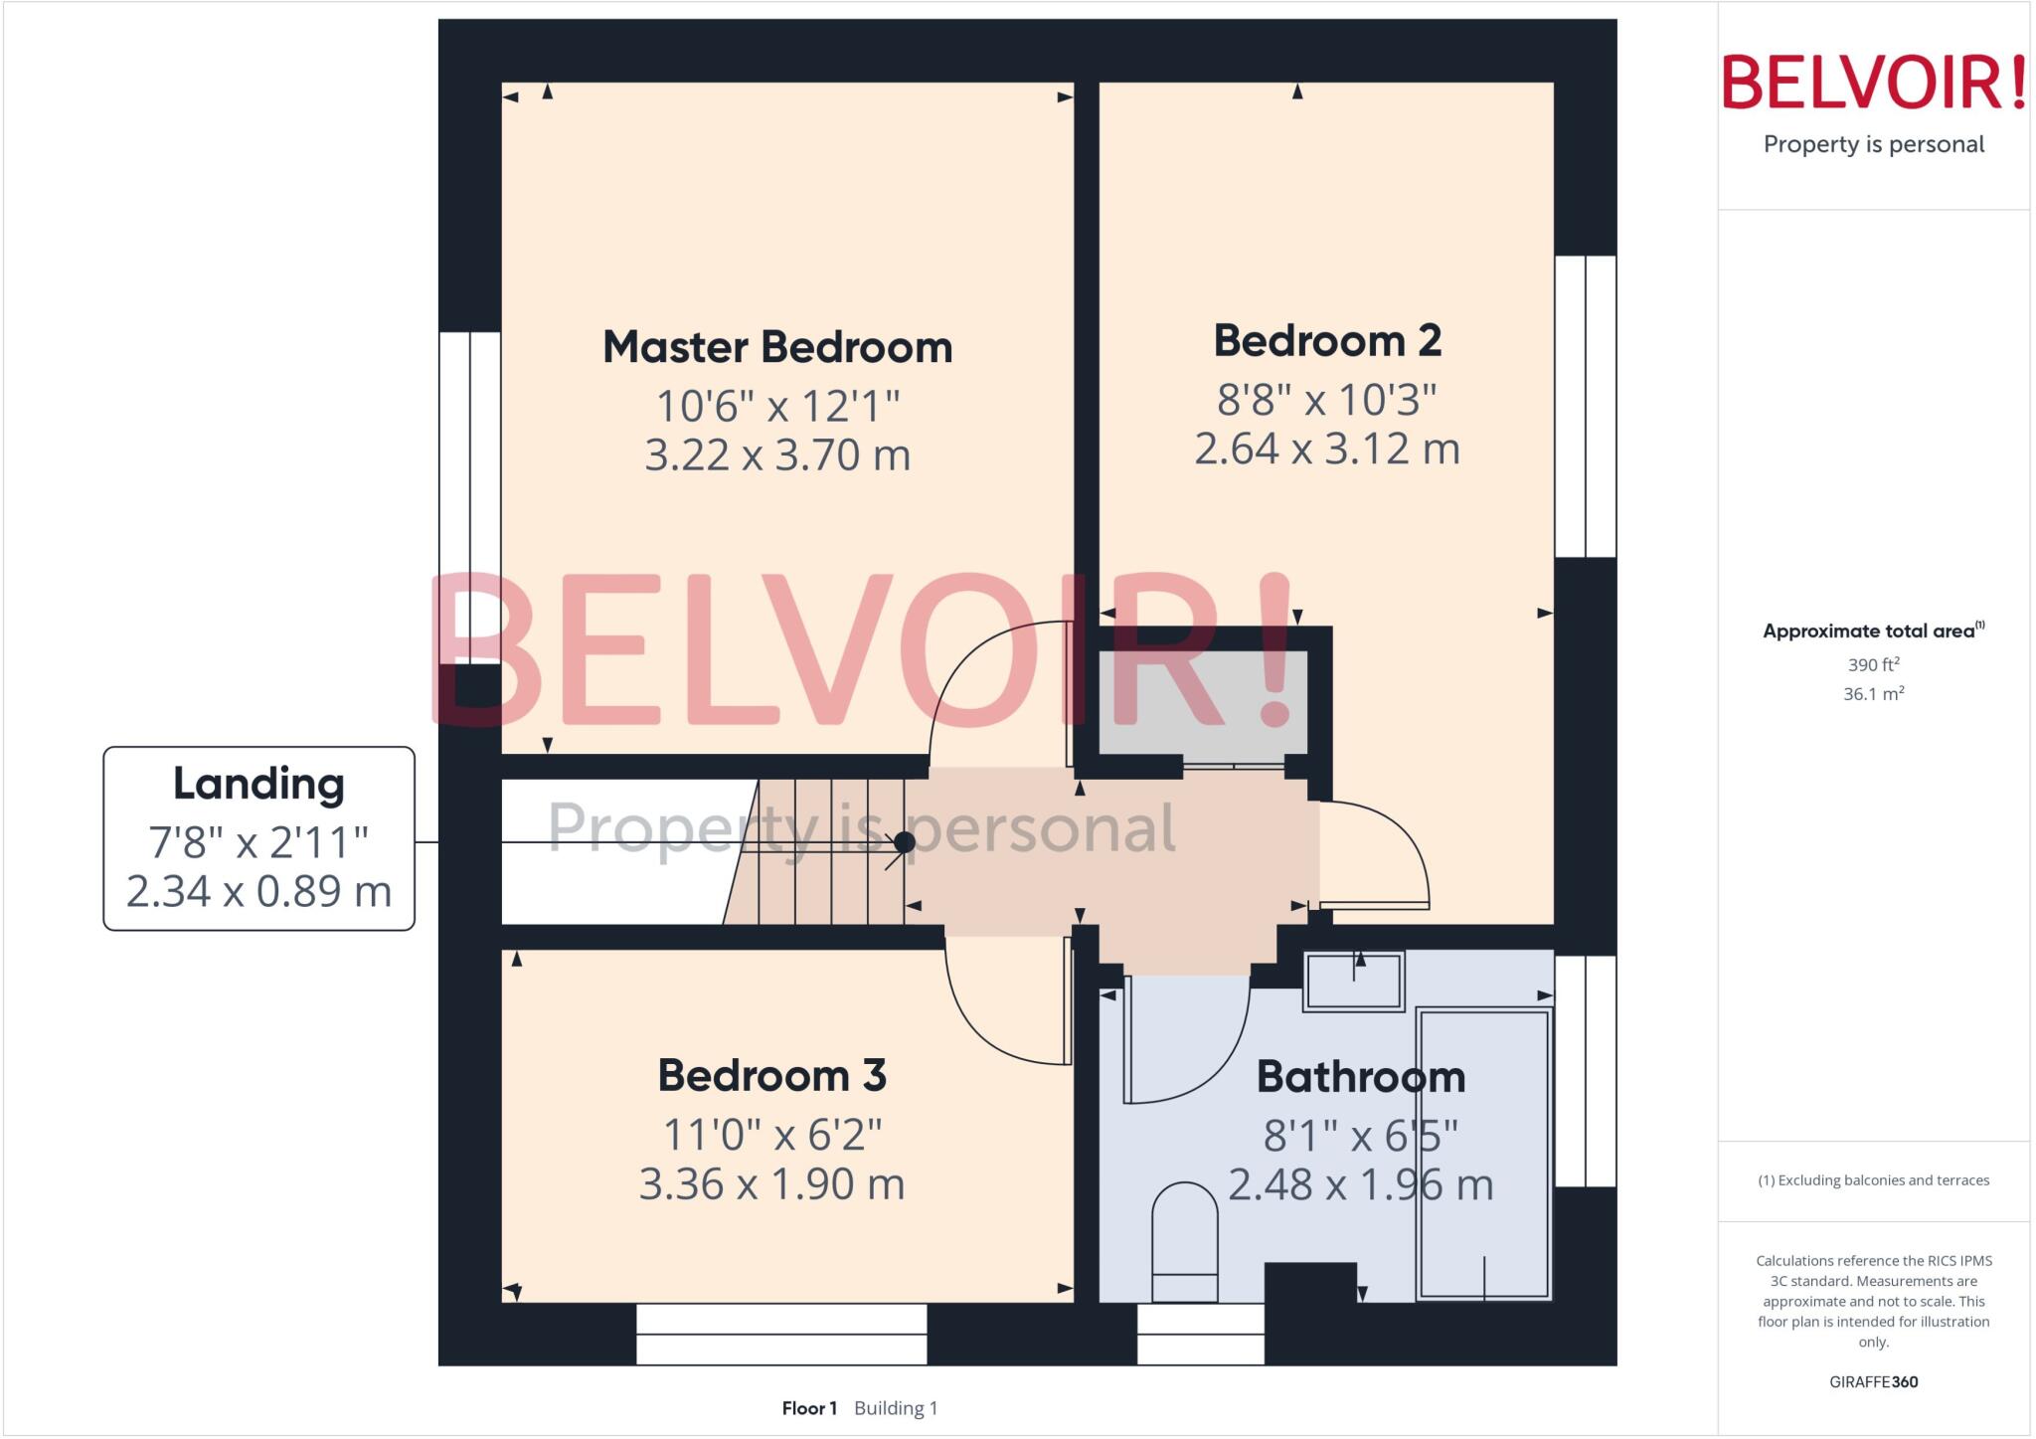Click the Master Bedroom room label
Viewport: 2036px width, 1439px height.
coord(777,347)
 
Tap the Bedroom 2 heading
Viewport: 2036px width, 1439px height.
coord(1327,341)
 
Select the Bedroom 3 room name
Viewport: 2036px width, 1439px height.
coord(771,1075)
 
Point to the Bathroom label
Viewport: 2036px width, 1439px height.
coord(1360,1077)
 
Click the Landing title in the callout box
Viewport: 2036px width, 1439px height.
coord(258,784)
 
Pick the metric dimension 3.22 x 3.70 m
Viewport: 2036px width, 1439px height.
coord(777,455)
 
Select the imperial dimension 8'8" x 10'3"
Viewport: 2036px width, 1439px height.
coord(1327,400)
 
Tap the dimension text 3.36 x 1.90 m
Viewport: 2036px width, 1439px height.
coord(771,1184)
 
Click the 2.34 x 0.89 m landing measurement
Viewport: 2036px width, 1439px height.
coord(258,891)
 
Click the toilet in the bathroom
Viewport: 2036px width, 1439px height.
coord(1184,1243)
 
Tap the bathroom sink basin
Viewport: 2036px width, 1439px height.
coord(1353,982)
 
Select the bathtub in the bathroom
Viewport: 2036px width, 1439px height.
coord(1483,1154)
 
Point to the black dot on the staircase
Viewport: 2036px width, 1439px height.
coord(905,842)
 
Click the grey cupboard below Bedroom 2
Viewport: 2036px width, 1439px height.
coord(1202,703)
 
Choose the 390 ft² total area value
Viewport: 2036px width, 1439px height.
coord(1873,664)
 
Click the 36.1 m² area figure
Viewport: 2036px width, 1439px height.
coord(1873,694)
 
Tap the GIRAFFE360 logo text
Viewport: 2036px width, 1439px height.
coord(1873,1381)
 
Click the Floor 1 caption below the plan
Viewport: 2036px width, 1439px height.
coord(809,1408)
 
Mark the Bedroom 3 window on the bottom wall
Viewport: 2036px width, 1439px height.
coord(781,1334)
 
